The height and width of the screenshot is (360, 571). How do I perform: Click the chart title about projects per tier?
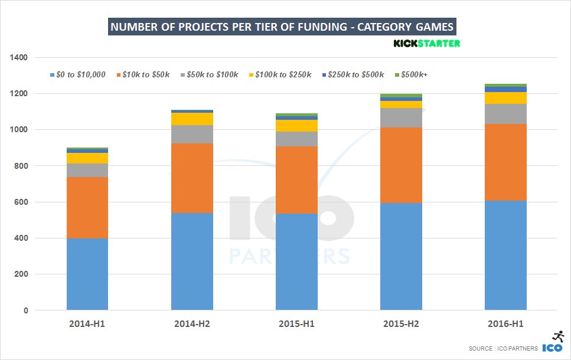[282, 27]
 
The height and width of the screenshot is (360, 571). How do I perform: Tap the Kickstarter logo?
[427, 44]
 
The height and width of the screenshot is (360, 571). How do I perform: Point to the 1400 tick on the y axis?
[18, 58]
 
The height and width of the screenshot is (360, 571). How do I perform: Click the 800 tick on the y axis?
[21, 166]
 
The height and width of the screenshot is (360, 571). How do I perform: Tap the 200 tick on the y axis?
[21, 274]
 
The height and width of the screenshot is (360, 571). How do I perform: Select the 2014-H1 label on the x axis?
[87, 324]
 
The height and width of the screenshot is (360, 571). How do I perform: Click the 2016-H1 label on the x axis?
[505, 324]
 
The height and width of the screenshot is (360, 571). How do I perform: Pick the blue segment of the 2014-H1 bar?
[87, 274]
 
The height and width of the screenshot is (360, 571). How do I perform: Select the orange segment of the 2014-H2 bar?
[192, 178]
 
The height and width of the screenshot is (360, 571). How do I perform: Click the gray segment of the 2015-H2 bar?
[401, 117]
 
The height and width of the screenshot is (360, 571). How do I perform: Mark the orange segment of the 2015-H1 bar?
[296, 179]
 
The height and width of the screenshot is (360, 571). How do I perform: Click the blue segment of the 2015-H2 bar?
[401, 256]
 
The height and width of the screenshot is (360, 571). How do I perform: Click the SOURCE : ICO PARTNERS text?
[503, 349]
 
